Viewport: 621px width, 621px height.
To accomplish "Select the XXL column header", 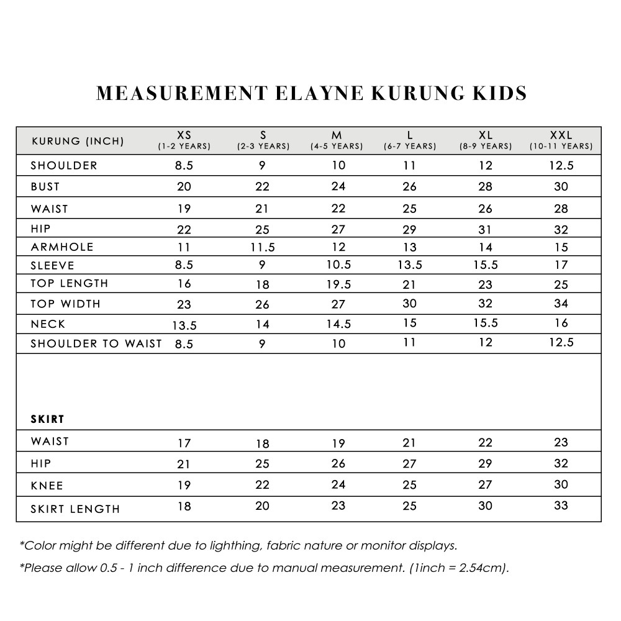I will point(561,135).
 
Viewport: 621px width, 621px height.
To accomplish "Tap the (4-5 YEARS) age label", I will point(337,147).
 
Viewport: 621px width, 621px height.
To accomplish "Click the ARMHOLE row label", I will point(62,247).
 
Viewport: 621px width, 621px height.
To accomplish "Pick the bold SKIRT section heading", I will point(48,419).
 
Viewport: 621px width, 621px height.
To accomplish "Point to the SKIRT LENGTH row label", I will point(75,509).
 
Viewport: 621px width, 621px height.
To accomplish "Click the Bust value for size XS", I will point(184,187).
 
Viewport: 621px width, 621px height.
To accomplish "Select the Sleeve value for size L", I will point(410,265).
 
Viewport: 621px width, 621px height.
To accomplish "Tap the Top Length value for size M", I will point(338,284).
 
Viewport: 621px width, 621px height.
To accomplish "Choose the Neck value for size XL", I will point(486,323).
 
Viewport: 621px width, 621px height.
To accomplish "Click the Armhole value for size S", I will point(262,248).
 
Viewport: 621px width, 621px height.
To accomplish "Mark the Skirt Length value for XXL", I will point(561,505).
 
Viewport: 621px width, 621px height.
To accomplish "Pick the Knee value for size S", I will point(262,485).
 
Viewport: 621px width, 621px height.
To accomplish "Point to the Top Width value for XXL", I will point(561,304).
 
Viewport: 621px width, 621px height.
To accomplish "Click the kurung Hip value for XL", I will point(486,230).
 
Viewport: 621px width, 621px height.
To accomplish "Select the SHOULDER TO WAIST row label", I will point(96,343).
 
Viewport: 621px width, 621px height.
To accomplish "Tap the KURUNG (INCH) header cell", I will point(78,141).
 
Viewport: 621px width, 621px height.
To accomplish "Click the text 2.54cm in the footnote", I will point(481,568).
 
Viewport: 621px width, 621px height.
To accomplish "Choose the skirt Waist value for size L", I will point(410,443).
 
